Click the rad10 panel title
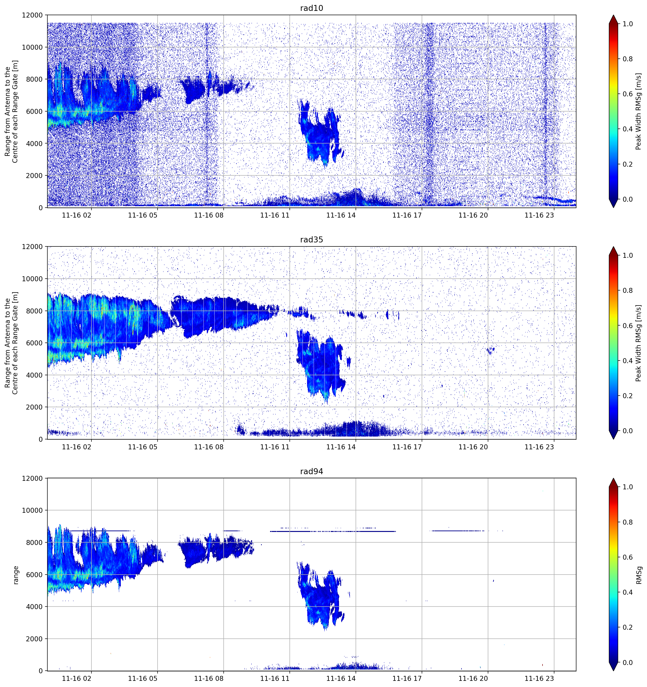(x=311, y=8)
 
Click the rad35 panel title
(x=311, y=240)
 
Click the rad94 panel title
(x=311, y=471)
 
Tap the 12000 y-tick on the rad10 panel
(x=32, y=15)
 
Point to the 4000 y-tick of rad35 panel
(x=35, y=375)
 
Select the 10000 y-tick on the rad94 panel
(x=32, y=510)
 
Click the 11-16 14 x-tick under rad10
(x=341, y=215)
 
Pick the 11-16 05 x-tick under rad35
(x=142, y=447)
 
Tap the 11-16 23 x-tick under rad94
(x=539, y=678)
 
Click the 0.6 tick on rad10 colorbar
(x=628, y=94)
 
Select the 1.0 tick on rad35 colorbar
(x=628, y=255)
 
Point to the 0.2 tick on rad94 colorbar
(x=628, y=627)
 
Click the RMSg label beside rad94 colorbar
(x=639, y=575)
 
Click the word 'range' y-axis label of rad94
(x=16, y=575)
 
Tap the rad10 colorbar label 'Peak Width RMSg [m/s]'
(x=638, y=111)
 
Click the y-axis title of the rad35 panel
(x=11, y=343)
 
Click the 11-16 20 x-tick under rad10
(x=473, y=215)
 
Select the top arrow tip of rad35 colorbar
(x=613, y=247)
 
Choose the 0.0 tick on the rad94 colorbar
(x=628, y=662)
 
